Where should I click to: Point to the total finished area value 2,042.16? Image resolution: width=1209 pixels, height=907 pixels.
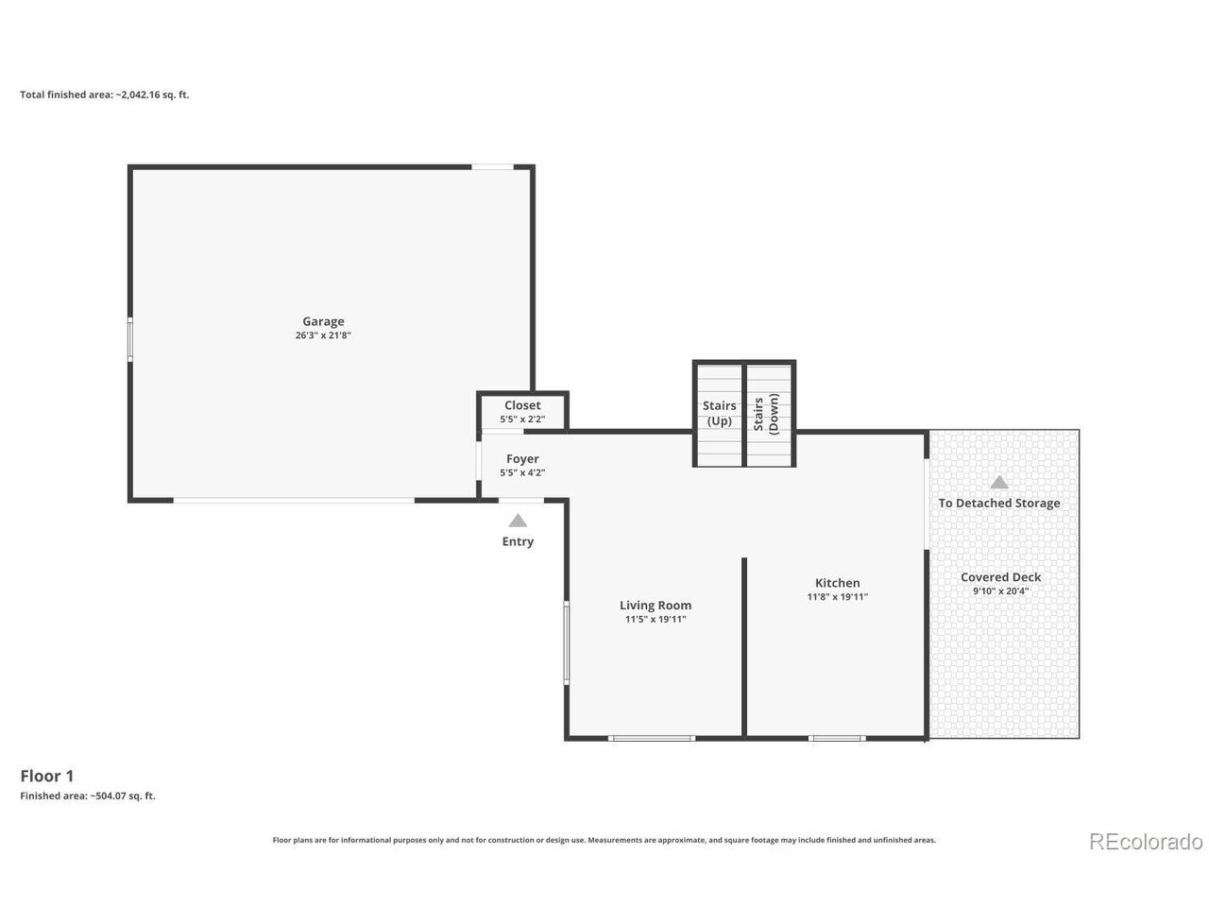(x=140, y=94)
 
